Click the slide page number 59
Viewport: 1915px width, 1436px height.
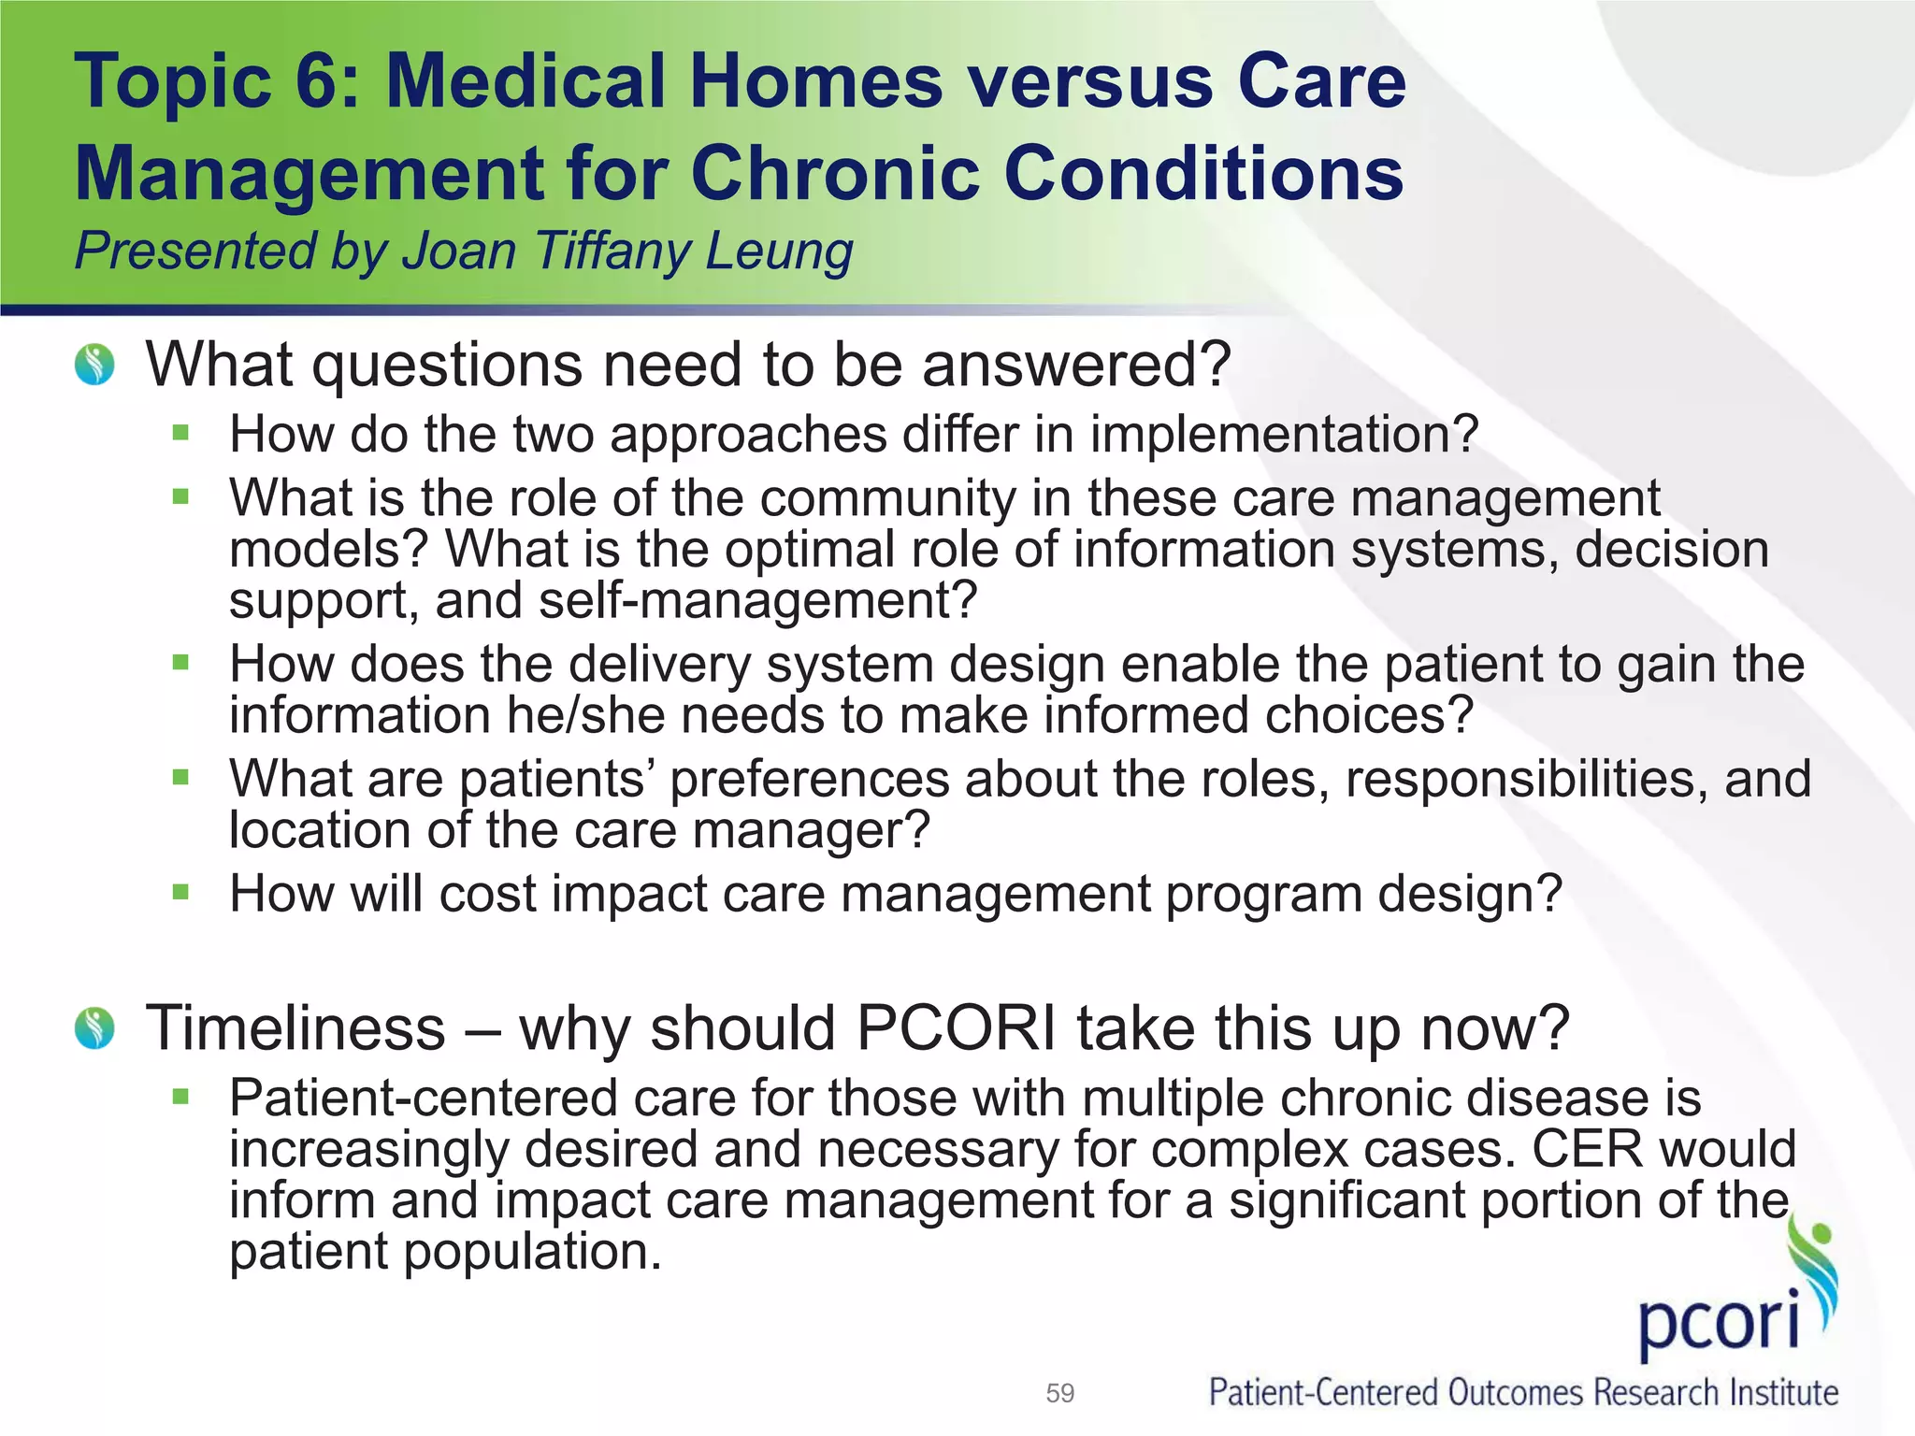pos(1059,1393)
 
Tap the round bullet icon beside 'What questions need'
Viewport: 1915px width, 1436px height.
pos(94,365)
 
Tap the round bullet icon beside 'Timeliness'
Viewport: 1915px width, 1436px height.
pos(94,1028)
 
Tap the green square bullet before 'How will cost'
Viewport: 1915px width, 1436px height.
pos(180,892)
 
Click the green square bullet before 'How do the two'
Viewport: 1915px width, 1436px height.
pos(180,433)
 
